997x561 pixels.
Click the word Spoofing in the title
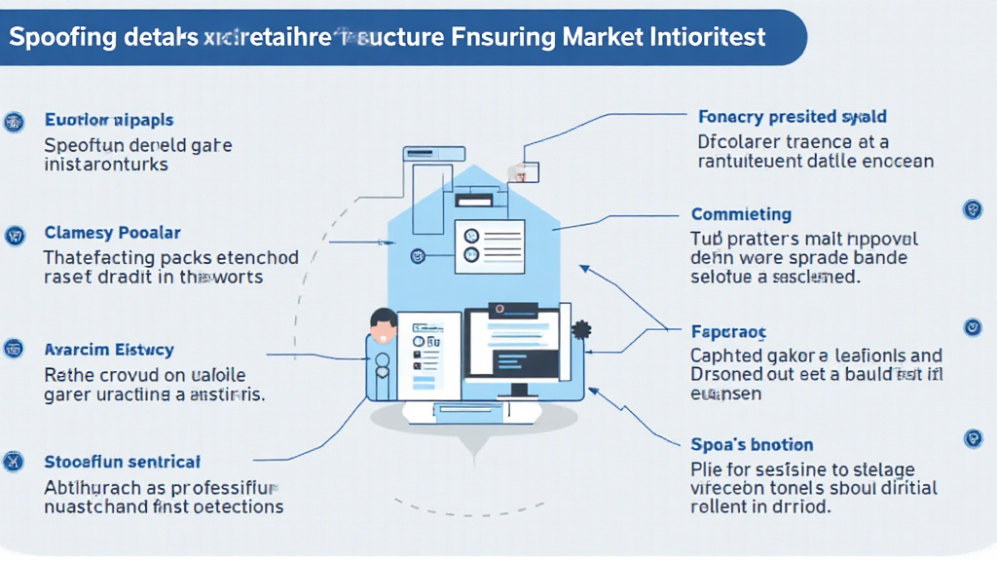coord(57,38)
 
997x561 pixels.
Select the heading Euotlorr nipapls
coord(109,121)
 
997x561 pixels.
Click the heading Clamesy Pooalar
coord(113,234)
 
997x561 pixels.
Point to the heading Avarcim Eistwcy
coord(109,350)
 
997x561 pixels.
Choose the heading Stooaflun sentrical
coord(123,462)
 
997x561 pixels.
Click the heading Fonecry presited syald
coord(793,118)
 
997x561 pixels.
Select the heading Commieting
coord(741,214)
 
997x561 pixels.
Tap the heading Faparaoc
coord(729,331)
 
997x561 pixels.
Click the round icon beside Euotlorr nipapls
coord(15,122)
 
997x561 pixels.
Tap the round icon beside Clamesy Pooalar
coord(15,235)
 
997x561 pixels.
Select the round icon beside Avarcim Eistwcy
coord(15,348)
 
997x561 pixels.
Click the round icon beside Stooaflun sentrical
coord(15,461)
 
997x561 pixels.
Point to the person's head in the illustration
coord(384,323)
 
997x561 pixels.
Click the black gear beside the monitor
coord(583,330)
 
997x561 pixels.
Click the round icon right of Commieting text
coord(972,209)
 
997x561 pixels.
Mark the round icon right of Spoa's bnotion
coord(973,439)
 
